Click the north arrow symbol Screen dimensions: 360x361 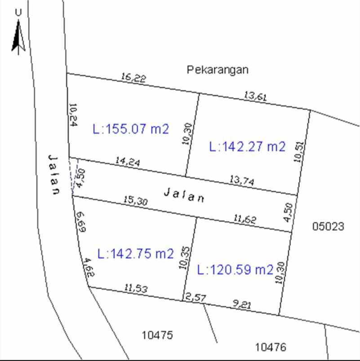click(x=18, y=38)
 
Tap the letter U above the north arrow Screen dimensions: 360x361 click(x=18, y=13)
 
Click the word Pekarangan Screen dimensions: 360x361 click(x=218, y=70)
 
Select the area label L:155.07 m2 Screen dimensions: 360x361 click(x=131, y=129)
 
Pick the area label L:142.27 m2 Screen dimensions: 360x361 click(x=247, y=147)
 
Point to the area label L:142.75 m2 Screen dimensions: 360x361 click(x=135, y=254)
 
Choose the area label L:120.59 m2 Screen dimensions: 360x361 click(x=235, y=270)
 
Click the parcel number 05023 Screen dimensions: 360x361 click(x=328, y=226)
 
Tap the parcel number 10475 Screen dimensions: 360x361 click(x=157, y=335)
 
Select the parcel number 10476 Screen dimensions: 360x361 click(x=271, y=347)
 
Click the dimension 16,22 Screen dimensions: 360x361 click(x=133, y=78)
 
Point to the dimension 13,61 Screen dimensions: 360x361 click(x=256, y=96)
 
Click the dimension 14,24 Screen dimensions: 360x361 click(x=127, y=162)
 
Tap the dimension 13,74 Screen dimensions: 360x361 click(x=242, y=180)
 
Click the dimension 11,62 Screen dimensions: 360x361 click(x=245, y=220)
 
